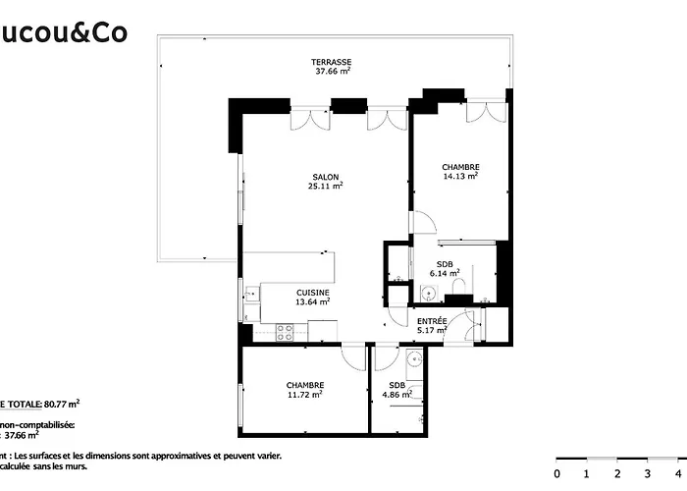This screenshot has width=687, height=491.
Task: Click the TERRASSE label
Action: tap(333, 61)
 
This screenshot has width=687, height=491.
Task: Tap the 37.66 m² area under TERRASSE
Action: tap(333, 72)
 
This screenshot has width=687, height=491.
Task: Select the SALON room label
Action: tap(326, 177)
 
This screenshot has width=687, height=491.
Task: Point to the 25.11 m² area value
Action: tap(326, 187)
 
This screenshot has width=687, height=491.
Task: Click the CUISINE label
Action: tap(313, 293)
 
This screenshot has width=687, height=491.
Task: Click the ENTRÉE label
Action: tap(432, 322)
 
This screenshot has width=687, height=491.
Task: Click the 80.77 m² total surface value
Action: tap(62, 403)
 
